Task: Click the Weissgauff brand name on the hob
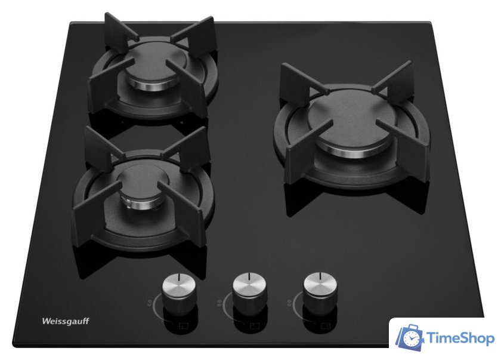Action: [66, 321]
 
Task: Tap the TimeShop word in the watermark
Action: [460, 339]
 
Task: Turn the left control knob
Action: [178, 293]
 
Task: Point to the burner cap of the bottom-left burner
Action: [143, 181]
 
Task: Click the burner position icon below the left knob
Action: [184, 327]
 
